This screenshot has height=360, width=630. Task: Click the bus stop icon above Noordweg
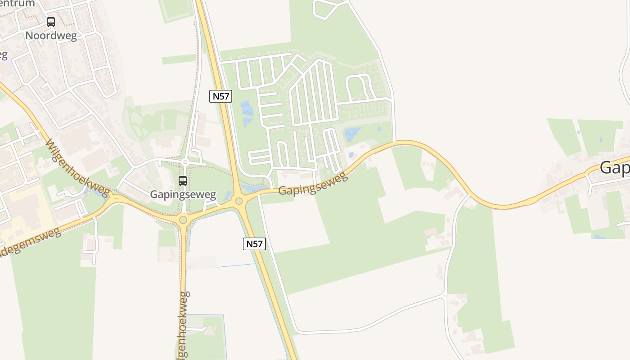51,22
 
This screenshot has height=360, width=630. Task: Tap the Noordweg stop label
51,36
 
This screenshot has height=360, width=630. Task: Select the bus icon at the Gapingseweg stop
183,181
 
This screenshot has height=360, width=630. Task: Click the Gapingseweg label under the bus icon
183,195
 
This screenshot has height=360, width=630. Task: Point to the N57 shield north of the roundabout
220,96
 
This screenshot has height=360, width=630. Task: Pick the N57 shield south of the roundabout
254,244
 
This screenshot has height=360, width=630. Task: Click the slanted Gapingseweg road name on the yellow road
313,184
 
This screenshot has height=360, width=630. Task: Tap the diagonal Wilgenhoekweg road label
77,167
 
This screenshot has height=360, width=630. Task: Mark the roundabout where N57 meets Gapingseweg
239,201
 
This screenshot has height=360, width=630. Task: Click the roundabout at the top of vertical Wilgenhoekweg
183,220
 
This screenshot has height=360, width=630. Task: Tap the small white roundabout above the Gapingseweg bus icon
185,162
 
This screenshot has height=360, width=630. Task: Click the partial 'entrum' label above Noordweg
18,4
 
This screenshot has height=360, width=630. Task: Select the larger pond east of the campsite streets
353,133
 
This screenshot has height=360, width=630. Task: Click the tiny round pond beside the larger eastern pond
379,129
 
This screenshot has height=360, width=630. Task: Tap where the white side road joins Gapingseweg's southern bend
470,196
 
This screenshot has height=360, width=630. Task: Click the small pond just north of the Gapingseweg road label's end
351,155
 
